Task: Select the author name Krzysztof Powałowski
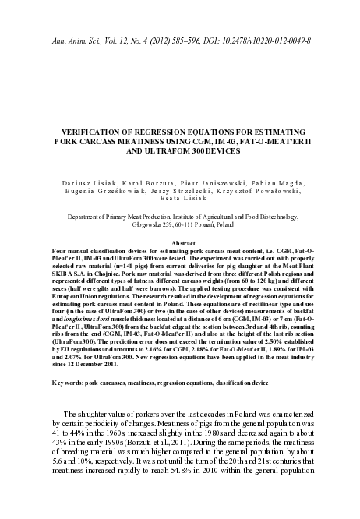[253, 189]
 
